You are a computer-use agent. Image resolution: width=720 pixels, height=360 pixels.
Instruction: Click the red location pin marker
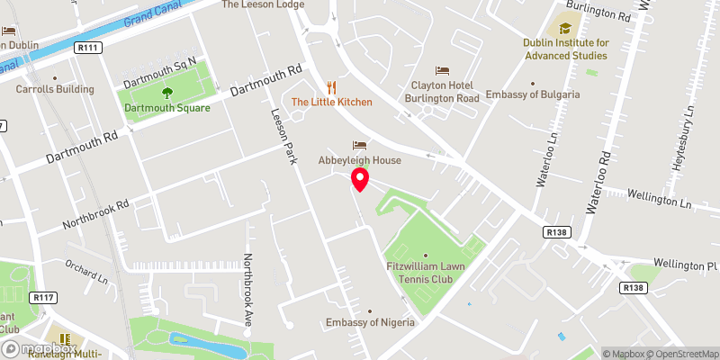click(x=360, y=180)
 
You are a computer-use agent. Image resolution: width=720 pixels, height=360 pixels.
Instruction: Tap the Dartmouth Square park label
click(x=167, y=108)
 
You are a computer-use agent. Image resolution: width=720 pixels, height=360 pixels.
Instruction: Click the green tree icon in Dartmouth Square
click(x=166, y=92)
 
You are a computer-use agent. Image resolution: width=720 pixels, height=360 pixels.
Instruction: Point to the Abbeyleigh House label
click(x=359, y=160)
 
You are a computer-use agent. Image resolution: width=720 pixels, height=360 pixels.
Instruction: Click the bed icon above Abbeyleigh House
click(x=360, y=145)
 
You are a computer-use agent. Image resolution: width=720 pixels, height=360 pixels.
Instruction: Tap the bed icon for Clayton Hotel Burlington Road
click(x=442, y=70)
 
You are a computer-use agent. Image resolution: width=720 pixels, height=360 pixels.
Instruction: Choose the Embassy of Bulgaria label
click(x=533, y=94)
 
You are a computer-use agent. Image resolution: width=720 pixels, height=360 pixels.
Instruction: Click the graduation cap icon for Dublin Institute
click(x=564, y=28)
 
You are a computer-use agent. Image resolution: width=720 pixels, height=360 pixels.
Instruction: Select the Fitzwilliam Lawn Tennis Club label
click(x=426, y=267)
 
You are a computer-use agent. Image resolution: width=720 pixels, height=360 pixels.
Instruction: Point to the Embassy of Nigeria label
click(x=370, y=323)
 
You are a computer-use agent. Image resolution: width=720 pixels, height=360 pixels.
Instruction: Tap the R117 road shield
click(x=41, y=297)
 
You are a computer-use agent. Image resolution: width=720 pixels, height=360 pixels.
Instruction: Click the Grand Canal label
click(x=149, y=14)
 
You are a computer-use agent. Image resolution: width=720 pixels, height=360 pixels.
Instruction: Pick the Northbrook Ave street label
click(x=248, y=288)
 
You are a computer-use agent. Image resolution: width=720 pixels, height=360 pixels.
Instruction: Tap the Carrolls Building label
click(x=55, y=89)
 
